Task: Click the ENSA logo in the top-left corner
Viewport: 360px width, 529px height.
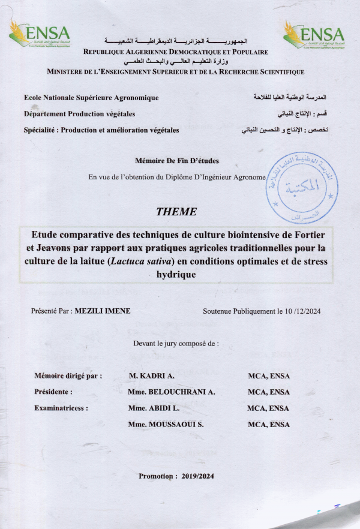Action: [x=40, y=34]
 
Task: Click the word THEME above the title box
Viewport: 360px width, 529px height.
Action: [x=175, y=212]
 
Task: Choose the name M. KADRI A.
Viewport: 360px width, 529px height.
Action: [x=151, y=376]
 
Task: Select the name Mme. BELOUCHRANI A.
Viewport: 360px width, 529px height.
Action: [x=171, y=392]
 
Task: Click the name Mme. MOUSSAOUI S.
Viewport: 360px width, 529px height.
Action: [x=166, y=425]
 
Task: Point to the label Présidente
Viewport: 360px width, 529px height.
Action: [x=54, y=392]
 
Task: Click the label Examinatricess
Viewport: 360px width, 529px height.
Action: [x=62, y=408]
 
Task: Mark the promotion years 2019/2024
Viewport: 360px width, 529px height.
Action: [x=197, y=476]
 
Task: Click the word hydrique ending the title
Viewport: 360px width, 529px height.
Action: [x=175, y=274]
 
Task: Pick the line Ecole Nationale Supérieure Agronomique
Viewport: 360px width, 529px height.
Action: [x=91, y=97]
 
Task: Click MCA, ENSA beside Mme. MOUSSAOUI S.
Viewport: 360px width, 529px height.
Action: [x=268, y=425]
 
